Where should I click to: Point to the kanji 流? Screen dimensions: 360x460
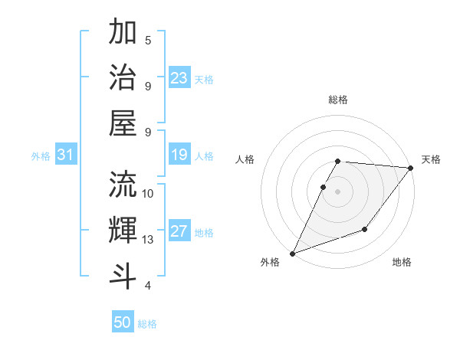point(123,184)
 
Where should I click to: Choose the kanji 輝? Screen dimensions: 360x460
point(123,230)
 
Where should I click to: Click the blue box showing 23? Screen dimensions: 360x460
point(179,78)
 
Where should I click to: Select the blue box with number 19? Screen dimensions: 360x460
point(179,155)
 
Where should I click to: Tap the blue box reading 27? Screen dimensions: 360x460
point(179,232)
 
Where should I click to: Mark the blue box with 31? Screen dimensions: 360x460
point(65,155)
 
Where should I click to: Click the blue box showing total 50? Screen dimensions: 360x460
point(123,322)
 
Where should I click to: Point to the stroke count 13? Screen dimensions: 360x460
point(148,240)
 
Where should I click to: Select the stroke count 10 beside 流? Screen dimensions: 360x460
point(148,193)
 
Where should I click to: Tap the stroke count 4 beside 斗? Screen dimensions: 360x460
point(148,286)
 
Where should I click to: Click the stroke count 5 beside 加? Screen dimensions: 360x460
point(148,40)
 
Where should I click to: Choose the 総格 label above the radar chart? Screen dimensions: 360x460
point(337,100)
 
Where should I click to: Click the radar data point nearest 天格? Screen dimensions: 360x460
point(411,169)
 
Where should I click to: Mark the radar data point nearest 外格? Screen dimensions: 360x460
point(292,253)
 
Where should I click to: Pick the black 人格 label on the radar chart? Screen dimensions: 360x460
point(246,159)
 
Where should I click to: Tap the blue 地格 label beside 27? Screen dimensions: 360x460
point(204,233)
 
